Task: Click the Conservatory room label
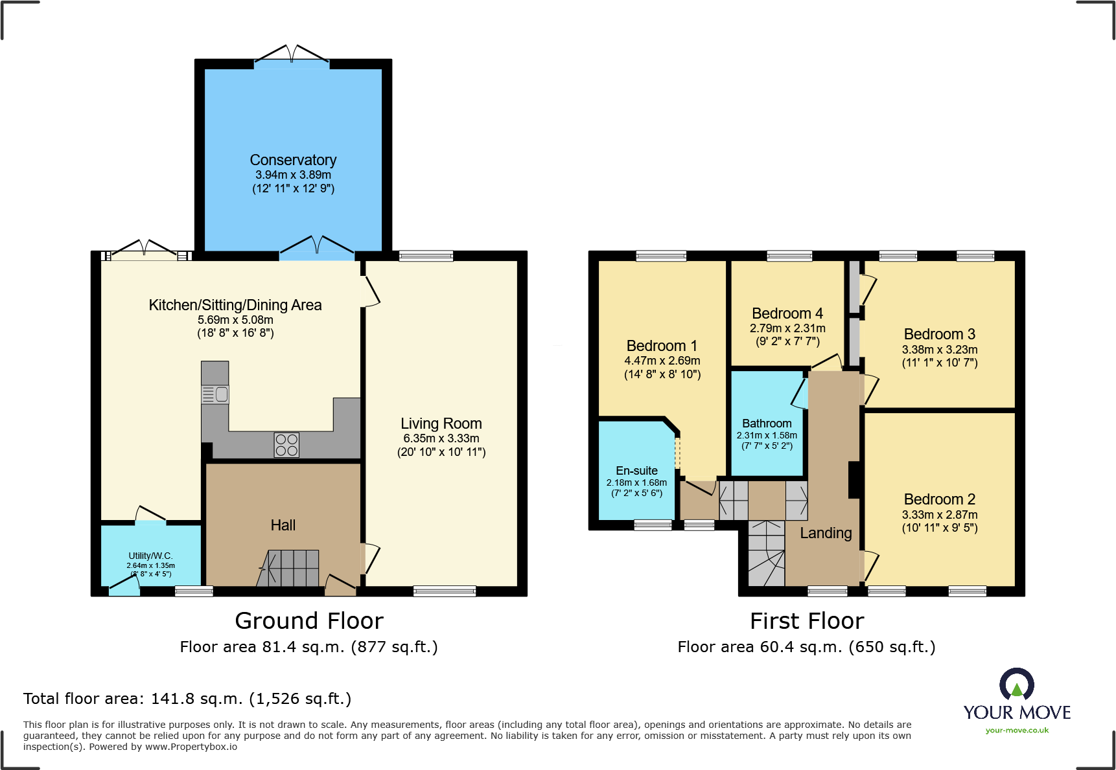coord(293,160)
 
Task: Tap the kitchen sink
coord(215,394)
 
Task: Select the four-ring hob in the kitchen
coord(286,445)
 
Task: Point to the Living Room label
coord(441,424)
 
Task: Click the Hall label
coord(283,525)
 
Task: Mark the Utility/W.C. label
coord(150,556)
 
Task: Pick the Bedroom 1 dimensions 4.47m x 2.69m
coord(662,361)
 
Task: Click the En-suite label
coord(636,471)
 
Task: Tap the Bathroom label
coord(767,424)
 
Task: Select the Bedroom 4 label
coord(787,313)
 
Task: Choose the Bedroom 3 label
coord(940,334)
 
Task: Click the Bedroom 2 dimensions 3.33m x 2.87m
coord(940,515)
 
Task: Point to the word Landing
coord(826,533)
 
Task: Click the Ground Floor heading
coord(309,621)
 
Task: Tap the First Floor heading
coord(807,621)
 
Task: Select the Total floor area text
coord(187,699)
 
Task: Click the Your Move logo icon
coord(1017,685)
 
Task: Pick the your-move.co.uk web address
coord(1017,730)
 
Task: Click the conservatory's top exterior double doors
coord(292,56)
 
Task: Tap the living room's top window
coord(426,256)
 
